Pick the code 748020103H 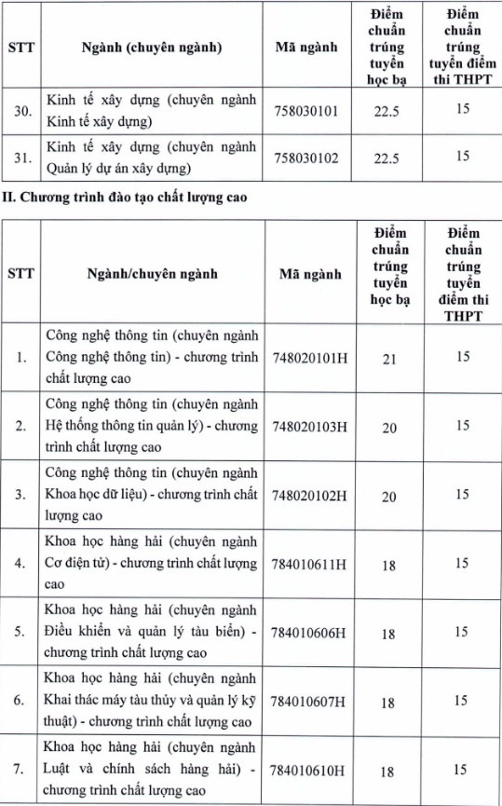click(309, 426)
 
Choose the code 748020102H click(309, 495)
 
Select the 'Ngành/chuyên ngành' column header click(152, 274)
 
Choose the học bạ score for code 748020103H click(389, 427)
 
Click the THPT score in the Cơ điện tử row click(462, 563)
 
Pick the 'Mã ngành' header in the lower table click(309, 274)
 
